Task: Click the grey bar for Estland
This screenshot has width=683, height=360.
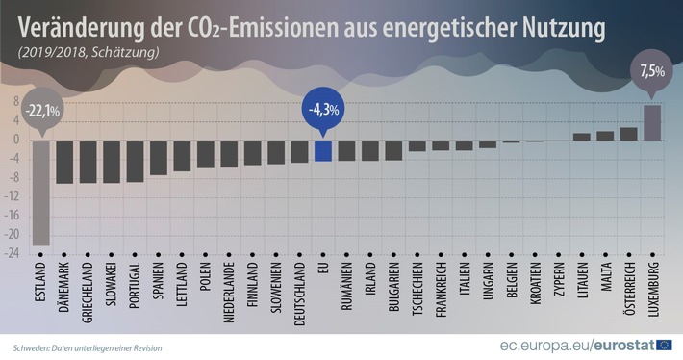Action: (40, 193)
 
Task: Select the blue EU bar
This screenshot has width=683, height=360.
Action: (323, 150)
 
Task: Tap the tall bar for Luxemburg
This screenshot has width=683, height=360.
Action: (651, 122)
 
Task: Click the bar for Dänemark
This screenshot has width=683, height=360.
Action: (64, 161)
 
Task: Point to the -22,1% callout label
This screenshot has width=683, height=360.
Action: (41, 111)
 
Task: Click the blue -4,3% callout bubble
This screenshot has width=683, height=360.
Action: (323, 110)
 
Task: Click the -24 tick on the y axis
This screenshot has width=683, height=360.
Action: (13, 254)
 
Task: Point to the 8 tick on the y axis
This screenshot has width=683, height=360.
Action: (15, 101)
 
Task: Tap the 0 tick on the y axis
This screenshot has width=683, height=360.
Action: (15, 140)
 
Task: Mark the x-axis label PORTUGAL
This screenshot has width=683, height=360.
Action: (135, 287)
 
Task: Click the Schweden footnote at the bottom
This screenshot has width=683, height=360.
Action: (88, 347)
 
